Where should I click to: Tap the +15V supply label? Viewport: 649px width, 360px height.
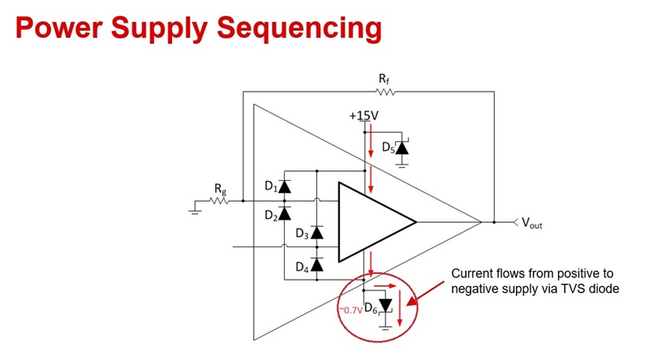pyautogui.click(x=363, y=116)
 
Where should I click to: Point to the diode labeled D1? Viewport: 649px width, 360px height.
pyautogui.click(x=285, y=186)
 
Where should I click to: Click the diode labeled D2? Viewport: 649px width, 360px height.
pyautogui.click(x=285, y=214)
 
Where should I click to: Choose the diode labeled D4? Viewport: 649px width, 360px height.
pyautogui.click(x=317, y=264)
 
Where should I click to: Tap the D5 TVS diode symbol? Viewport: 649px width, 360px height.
pyautogui.click(x=402, y=148)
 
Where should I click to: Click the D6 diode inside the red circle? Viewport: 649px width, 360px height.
pyautogui.click(x=385, y=306)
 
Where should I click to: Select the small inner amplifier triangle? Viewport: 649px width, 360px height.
pyautogui.click(x=374, y=221)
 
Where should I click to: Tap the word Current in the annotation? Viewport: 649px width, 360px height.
pyautogui.click(x=471, y=274)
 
